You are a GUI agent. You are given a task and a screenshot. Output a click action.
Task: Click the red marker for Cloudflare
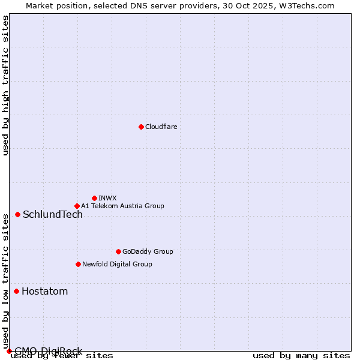tap(141, 127)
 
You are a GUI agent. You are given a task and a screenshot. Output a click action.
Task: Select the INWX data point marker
tap(94, 198)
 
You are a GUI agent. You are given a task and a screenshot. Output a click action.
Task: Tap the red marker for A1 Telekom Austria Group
tap(77, 206)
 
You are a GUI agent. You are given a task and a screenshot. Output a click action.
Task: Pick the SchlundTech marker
tap(17, 214)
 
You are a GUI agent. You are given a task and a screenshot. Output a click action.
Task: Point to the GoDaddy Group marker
tap(118, 251)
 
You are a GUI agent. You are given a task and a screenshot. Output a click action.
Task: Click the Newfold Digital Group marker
tap(78, 264)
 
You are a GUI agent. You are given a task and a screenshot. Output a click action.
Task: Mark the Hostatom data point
tap(16, 291)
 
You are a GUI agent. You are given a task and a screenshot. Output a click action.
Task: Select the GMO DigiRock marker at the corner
tap(8, 351)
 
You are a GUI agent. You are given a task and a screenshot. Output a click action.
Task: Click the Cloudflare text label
tap(161, 127)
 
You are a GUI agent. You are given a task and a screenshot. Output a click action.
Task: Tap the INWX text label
tap(107, 198)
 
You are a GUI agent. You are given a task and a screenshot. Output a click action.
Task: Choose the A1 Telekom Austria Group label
tap(122, 206)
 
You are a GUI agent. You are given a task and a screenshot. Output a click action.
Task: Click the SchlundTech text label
tap(53, 215)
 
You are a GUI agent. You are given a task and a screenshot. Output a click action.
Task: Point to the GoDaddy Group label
tap(148, 251)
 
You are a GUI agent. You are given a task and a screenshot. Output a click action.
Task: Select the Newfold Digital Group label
tap(117, 264)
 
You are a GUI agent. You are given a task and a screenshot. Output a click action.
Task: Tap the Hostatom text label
tap(44, 292)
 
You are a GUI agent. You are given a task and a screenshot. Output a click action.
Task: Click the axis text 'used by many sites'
tap(301, 356)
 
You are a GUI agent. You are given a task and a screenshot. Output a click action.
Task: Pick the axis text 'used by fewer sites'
tap(62, 356)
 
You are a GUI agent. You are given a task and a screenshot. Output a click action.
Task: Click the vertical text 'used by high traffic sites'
tap(5, 85)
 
